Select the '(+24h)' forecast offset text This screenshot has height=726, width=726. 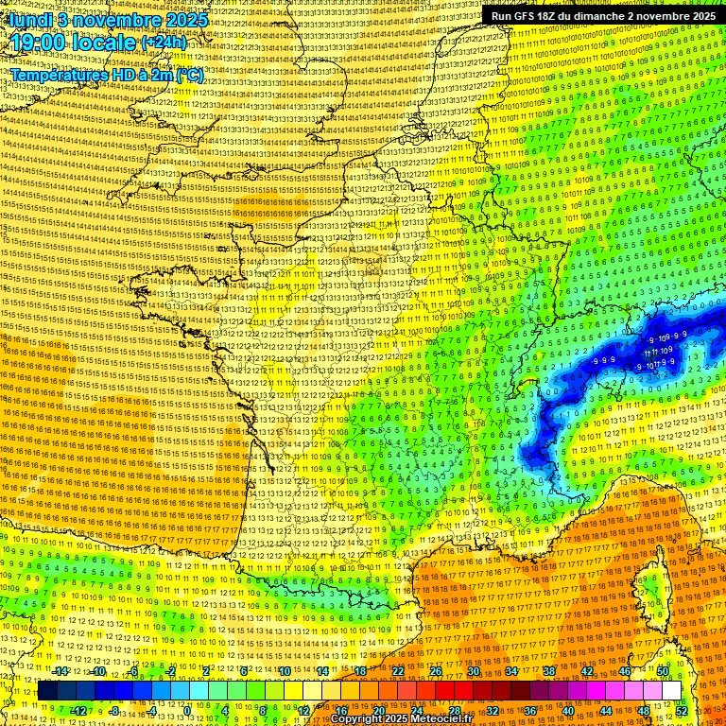point(164,43)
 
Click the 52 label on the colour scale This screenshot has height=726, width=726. point(682,711)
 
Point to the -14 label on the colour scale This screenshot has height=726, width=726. point(60,671)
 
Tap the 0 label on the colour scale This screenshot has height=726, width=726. point(187,711)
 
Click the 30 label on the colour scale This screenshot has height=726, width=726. point(473,671)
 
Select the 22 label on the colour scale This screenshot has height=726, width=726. point(398,671)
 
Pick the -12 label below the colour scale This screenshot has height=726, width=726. point(78,711)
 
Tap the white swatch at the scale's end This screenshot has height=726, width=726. point(671,691)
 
